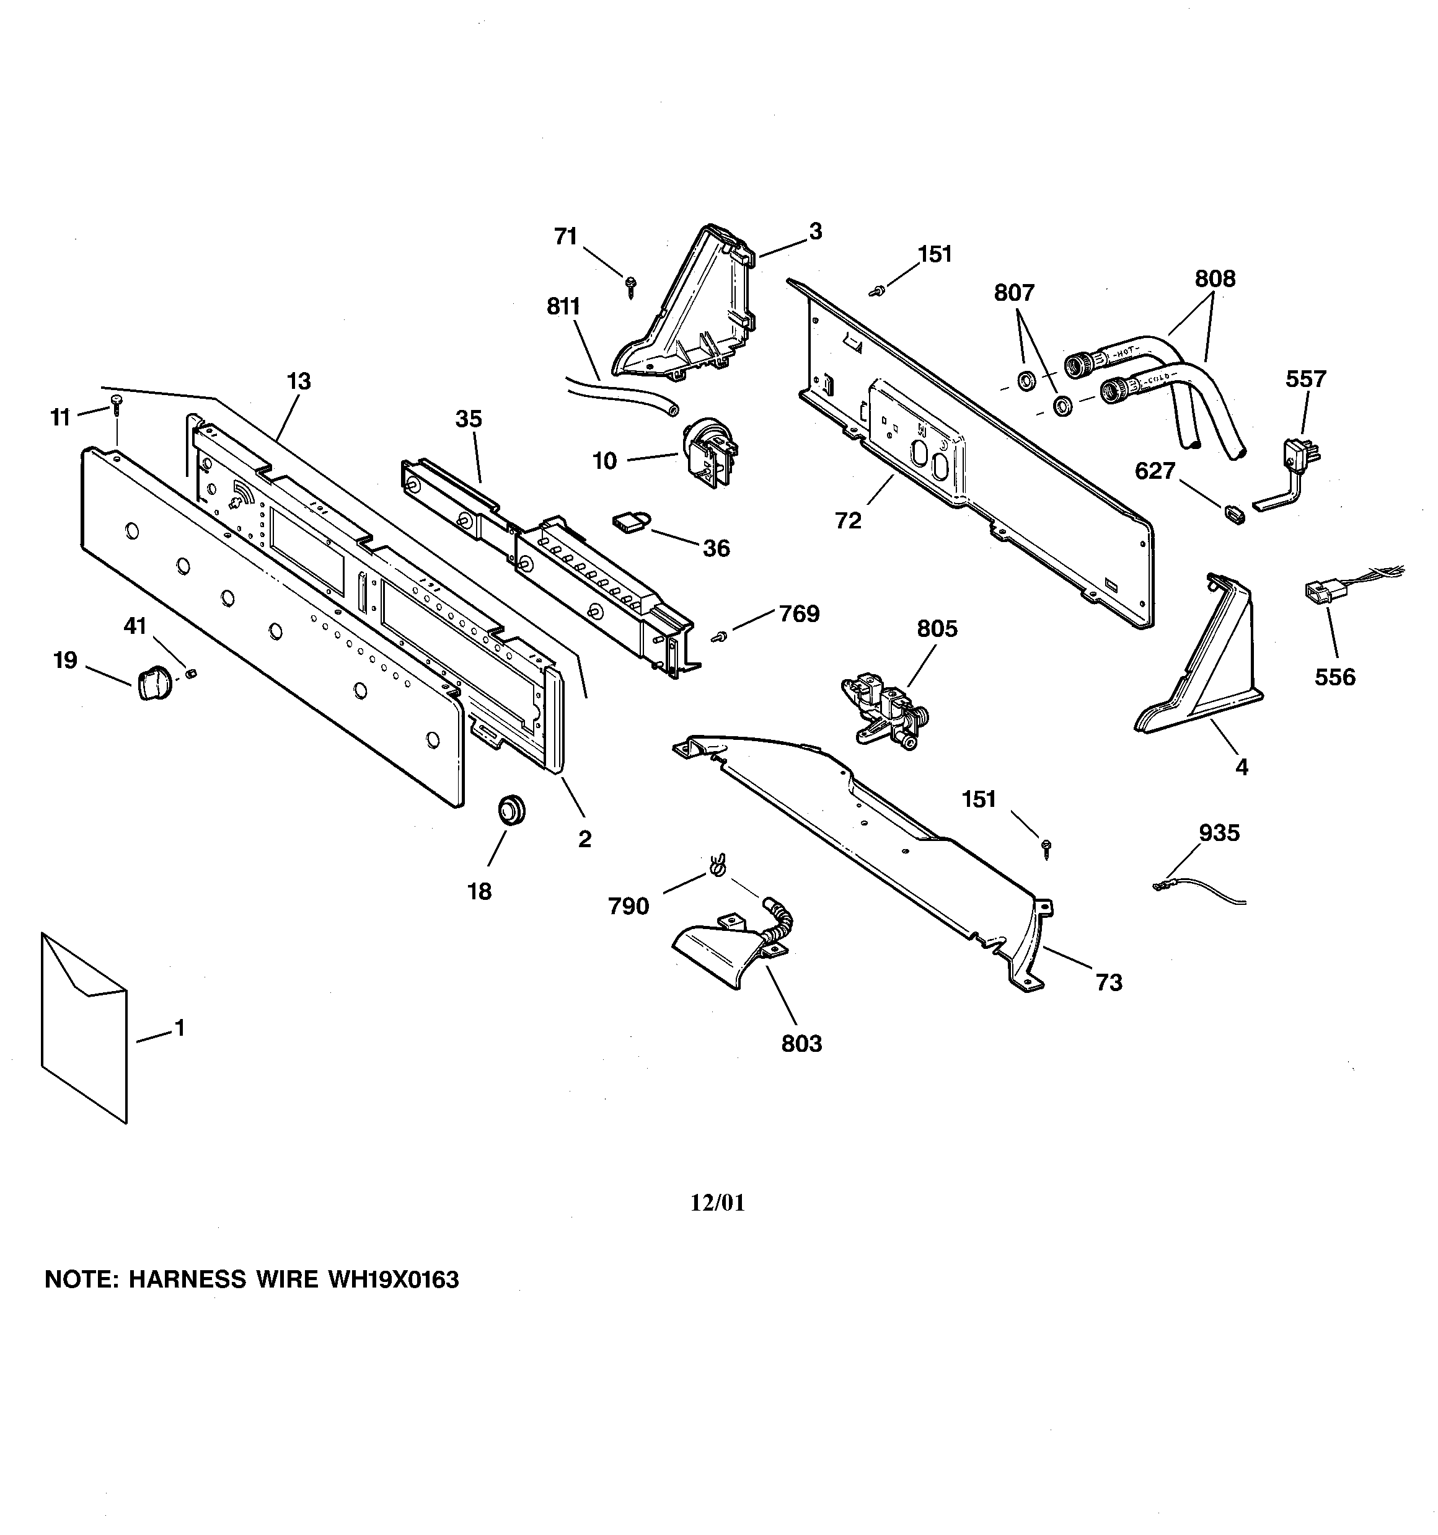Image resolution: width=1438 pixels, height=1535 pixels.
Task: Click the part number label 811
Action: click(563, 306)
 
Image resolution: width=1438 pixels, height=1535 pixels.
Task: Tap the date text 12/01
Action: click(717, 1202)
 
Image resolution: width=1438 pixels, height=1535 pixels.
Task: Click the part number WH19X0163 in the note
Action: click(393, 1279)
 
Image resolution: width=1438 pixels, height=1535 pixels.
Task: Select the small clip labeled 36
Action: click(629, 523)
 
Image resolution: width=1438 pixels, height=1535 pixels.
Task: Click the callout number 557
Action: click(1305, 379)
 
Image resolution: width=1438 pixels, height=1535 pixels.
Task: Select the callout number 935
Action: click(1219, 832)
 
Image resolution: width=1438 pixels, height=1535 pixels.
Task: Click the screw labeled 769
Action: click(720, 636)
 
